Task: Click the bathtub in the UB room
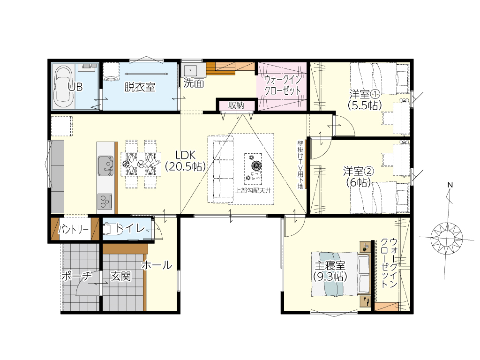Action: coord(64,87)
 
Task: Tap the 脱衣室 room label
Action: coord(140,87)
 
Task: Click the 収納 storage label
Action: coord(236,105)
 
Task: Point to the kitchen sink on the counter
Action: coord(105,165)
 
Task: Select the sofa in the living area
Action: coord(220,169)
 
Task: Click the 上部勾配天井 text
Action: coord(253,190)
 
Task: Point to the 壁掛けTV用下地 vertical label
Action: coord(300,165)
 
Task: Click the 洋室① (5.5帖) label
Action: coord(365,99)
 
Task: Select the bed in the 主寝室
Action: coord(341,274)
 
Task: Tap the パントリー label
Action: coord(74,229)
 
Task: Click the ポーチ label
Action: coord(76,276)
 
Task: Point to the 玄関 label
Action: coord(120,277)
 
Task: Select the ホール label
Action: coord(157,265)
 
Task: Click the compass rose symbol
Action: coord(447,238)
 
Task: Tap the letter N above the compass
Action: coord(450,185)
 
